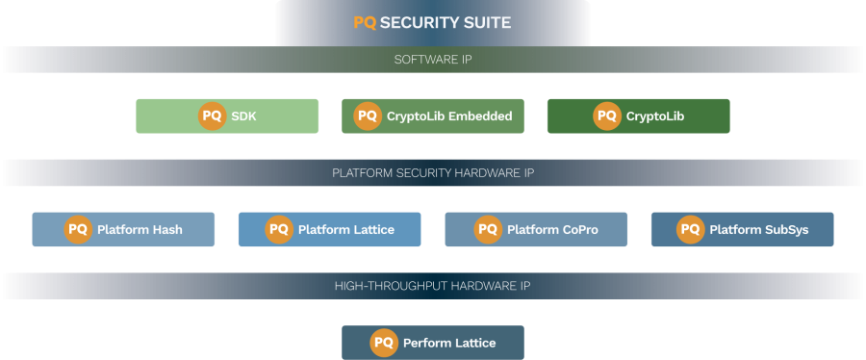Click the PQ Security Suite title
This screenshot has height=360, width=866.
pos(432,22)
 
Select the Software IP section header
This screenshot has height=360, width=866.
pos(432,60)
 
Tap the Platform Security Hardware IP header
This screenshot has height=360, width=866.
pos(432,173)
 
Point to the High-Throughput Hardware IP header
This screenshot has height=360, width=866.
pos(432,286)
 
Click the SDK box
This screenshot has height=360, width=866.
pos(227,116)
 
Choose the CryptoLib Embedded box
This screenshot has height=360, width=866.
pos(433,116)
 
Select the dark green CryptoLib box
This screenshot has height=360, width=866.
pos(638,116)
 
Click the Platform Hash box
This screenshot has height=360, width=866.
pos(123,230)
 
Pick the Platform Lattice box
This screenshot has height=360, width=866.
pos(329,230)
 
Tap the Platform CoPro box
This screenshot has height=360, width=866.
pos(536,230)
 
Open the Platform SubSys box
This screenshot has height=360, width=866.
pos(742,230)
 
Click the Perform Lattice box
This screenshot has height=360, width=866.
pos(433,343)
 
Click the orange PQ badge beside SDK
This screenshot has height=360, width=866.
pos(212,116)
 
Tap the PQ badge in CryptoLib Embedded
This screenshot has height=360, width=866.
pos(368,116)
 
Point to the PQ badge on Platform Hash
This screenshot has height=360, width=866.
pos(78,230)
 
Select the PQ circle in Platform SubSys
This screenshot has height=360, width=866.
pos(690,230)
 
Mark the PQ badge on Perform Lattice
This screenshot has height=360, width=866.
pos(384,343)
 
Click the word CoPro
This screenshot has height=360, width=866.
pos(579,230)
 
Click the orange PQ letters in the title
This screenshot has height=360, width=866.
pos(365,22)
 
